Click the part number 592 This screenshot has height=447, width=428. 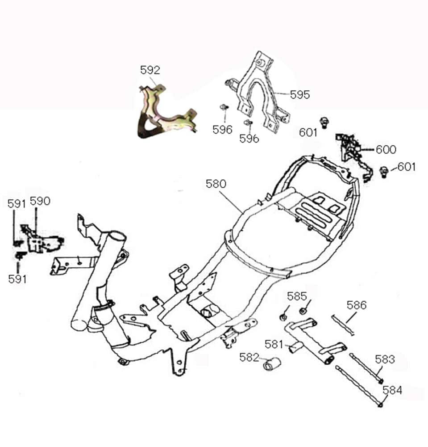150,70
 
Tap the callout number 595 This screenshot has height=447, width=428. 299,95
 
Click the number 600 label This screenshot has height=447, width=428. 386,149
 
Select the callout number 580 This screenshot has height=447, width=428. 216,184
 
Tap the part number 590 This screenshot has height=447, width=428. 40,201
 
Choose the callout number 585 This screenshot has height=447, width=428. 297,296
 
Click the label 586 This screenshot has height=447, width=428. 356,305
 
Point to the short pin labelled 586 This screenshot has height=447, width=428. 343,325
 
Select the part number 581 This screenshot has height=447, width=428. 274,344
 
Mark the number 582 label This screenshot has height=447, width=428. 249,358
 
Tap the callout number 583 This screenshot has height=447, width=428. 385,359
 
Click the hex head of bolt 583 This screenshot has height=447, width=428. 381,381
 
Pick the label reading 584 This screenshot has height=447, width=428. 392,390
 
